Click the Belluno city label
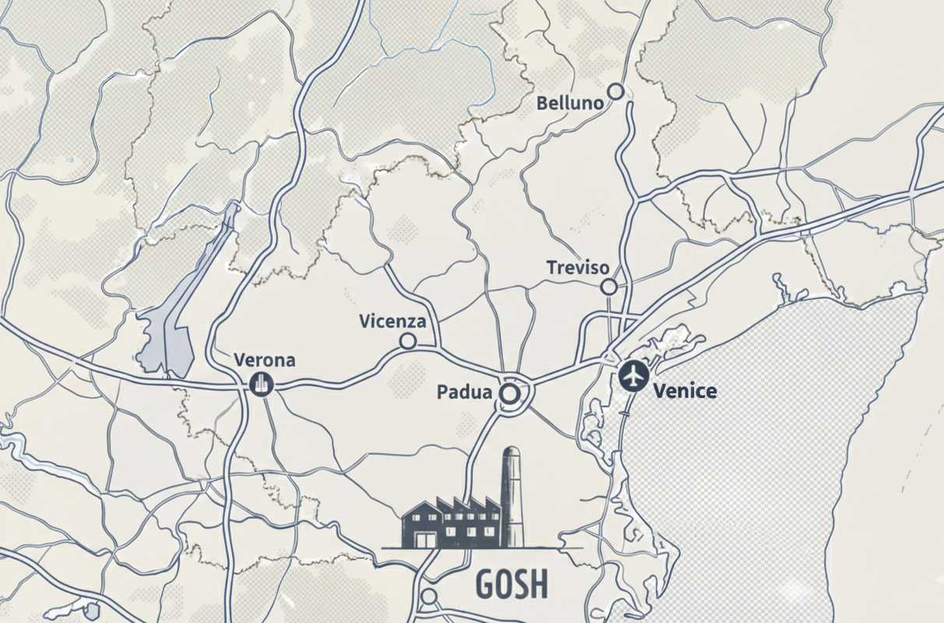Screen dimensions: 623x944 [570, 103]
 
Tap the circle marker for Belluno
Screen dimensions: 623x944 [616, 91]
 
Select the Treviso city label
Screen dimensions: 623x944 [577, 268]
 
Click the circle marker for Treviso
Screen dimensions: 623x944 [609, 287]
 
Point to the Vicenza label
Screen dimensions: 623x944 [393, 321]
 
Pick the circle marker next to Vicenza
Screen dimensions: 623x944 [407, 341]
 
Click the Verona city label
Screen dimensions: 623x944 [265, 361]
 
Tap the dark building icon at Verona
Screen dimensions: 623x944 [261, 383]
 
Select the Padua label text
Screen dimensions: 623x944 [464, 392]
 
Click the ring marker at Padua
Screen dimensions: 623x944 [509, 394]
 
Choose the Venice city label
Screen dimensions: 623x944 [685, 391]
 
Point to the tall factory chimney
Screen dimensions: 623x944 [512, 495]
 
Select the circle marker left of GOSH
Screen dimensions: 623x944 [429, 597]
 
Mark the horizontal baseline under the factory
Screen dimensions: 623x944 [483, 548]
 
